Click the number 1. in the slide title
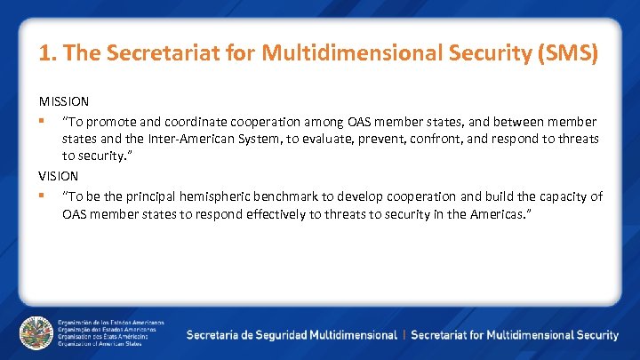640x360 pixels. click(47, 53)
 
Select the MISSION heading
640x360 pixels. click(62, 102)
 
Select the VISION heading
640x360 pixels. click(59, 176)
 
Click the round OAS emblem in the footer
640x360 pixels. click(36, 332)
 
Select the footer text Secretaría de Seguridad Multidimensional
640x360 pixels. click(292, 335)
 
